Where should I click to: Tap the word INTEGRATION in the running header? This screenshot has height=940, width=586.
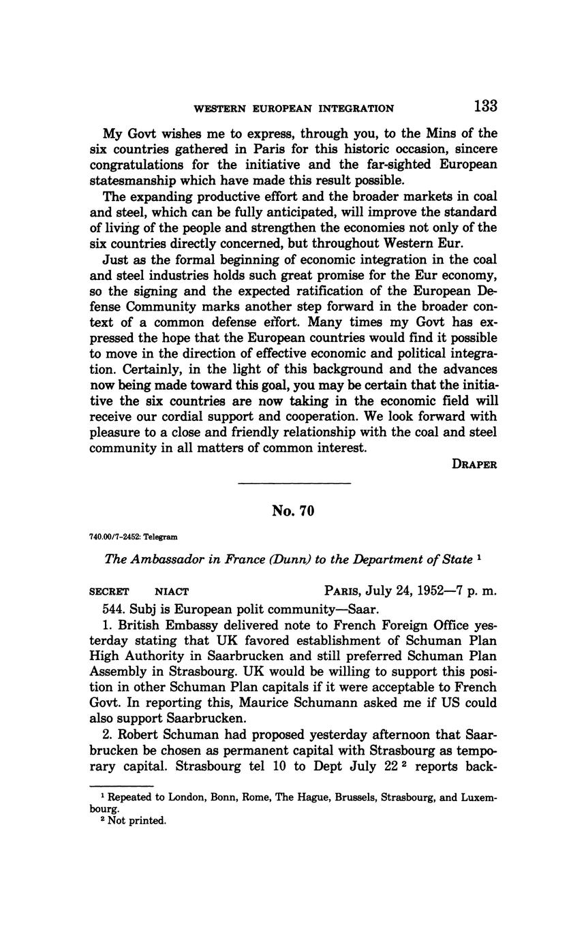point(358,108)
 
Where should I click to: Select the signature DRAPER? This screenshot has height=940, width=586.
point(474,465)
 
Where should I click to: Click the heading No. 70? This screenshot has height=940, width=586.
point(293,511)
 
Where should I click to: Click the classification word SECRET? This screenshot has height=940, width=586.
point(109,592)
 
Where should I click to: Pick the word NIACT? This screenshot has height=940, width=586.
point(172,592)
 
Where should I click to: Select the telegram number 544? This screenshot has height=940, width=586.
point(114,608)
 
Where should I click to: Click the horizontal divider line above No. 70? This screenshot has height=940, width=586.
point(294,484)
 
